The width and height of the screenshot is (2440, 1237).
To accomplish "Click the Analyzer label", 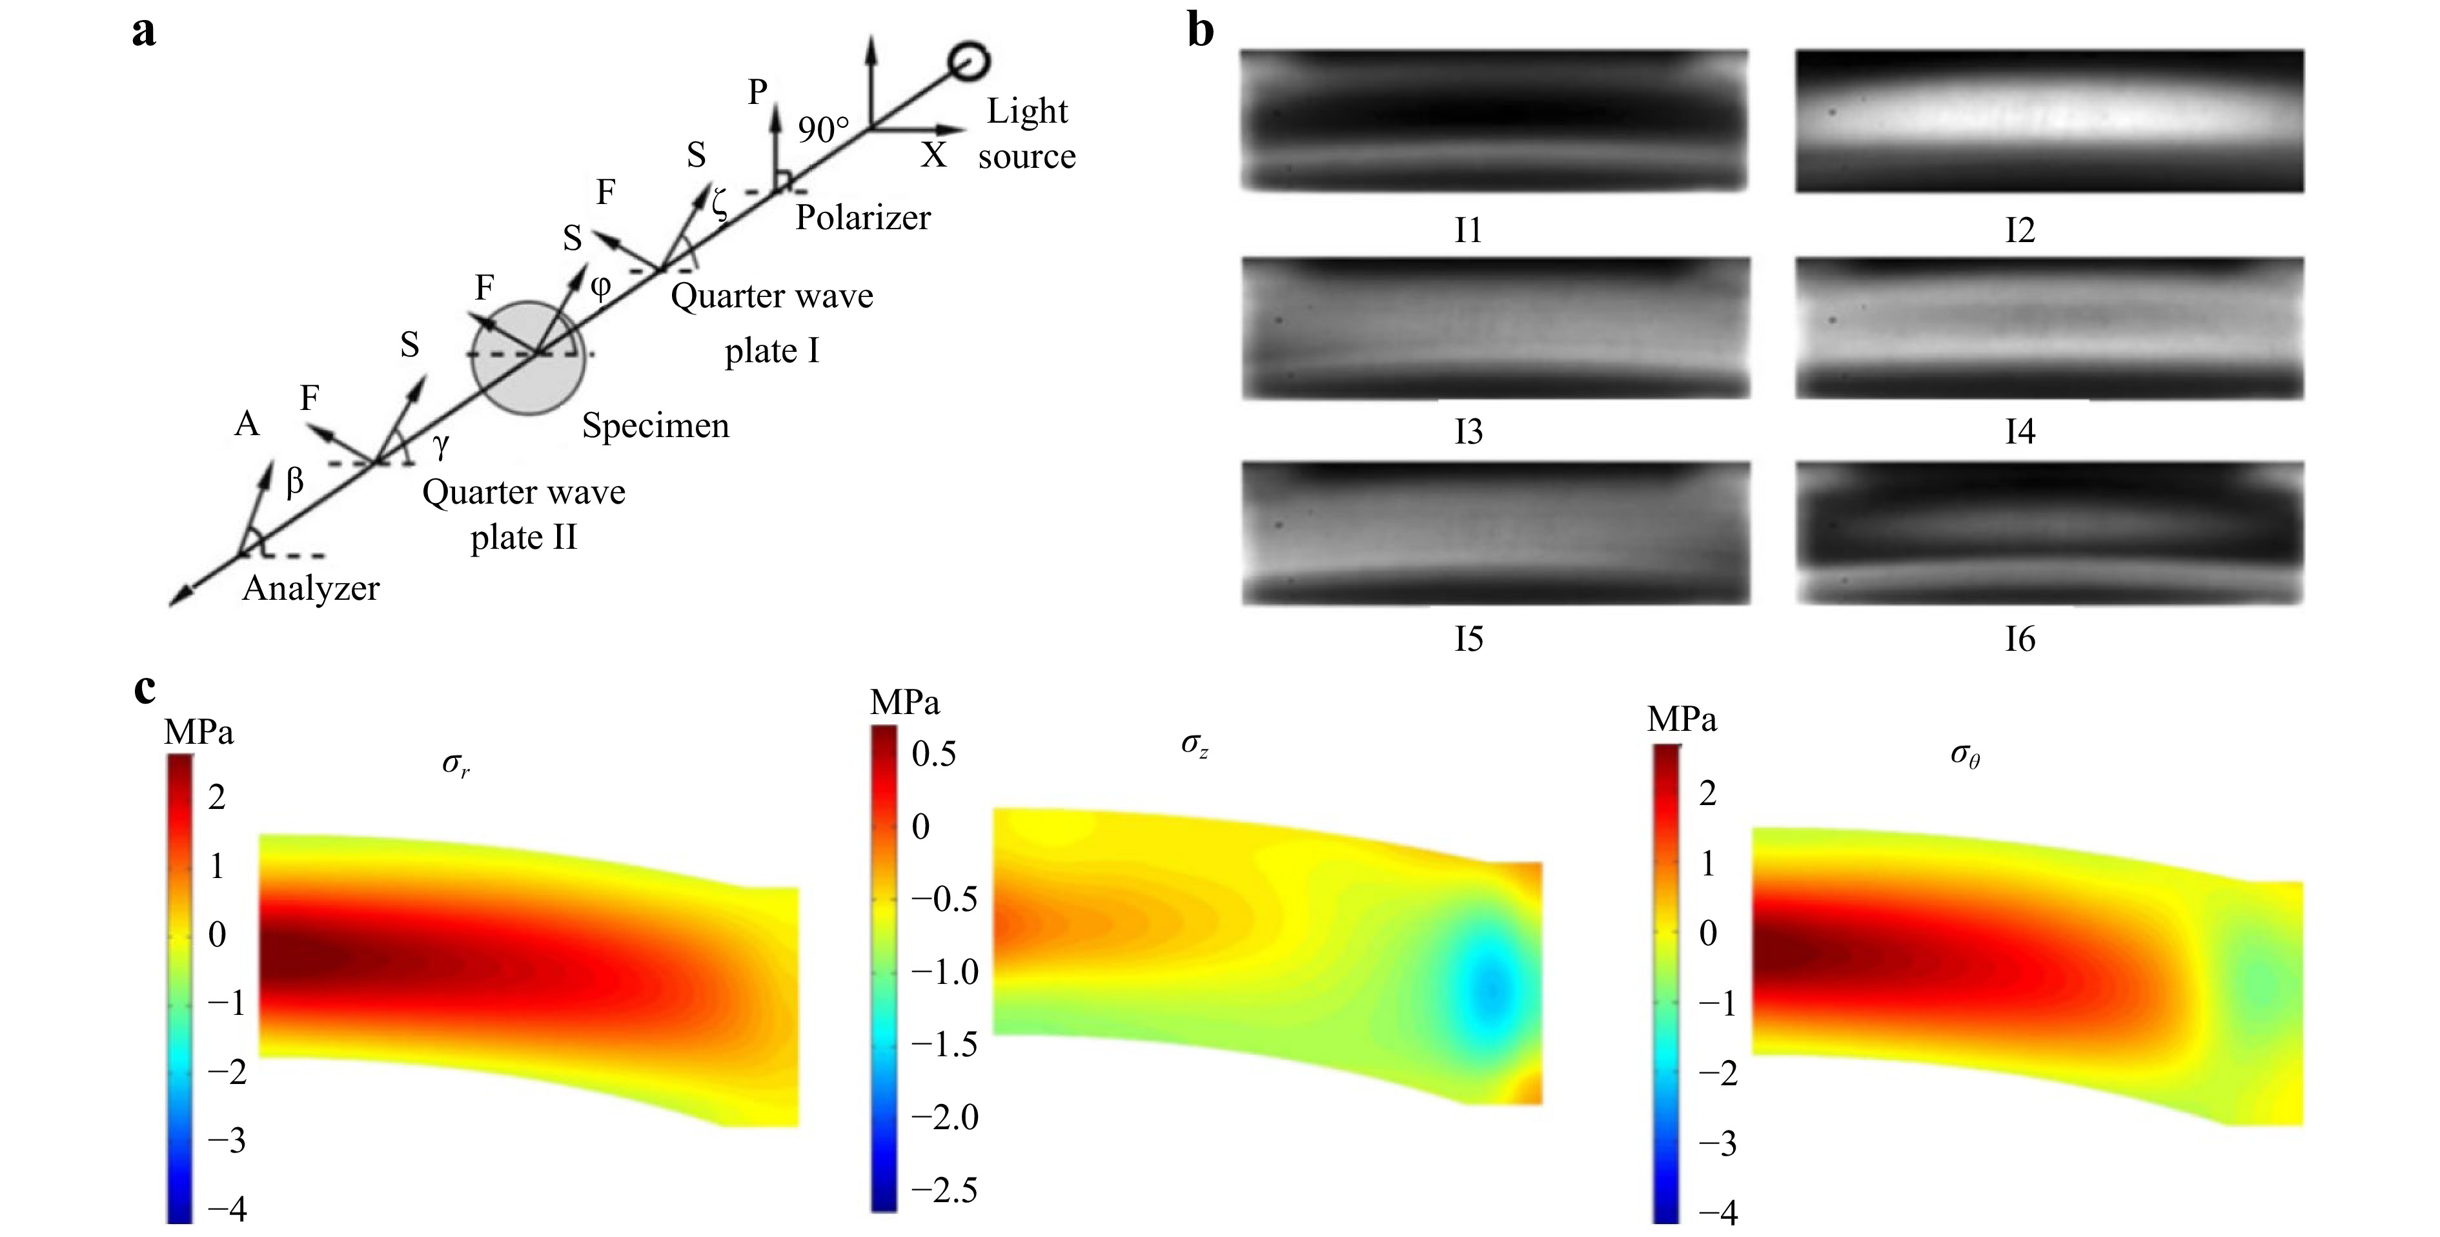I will tap(310, 589).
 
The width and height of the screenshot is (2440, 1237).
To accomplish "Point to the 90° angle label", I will tap(822, 129).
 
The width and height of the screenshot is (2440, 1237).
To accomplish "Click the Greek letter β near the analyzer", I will tap(294, 482).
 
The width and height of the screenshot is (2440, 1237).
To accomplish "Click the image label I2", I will tap(2019, 230).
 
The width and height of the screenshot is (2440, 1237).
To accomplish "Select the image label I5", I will tap(1468, 639).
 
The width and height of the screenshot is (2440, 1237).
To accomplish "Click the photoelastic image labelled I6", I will tap(2049, 533).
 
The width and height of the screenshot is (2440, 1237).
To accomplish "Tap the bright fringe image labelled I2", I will tap(2049, 121).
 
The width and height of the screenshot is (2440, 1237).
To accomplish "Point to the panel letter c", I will tap(145, 689).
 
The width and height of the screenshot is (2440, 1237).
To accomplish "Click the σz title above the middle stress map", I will tap(1194, 746).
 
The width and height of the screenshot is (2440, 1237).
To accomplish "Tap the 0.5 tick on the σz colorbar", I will tap(934, 754).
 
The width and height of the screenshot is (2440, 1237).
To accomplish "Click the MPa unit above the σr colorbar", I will tap(199, 732).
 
